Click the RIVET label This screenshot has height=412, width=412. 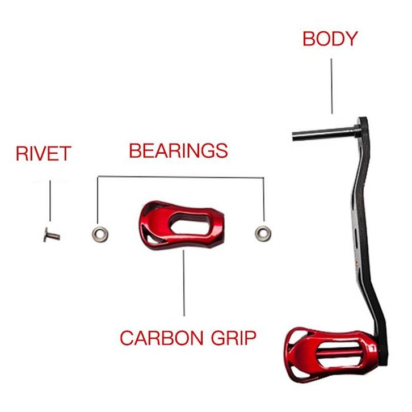pos(44,153)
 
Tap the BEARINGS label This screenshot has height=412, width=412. pos(178,150)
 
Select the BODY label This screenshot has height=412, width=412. pos(330,39)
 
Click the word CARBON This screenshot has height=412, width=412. pos(162,338)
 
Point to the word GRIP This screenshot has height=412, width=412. pos(234,338)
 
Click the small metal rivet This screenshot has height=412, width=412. pos(52,235)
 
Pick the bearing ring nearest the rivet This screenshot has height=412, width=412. pos(100,234)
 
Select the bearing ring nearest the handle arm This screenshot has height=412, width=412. pos(263,234)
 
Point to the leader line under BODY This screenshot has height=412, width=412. pos(331,86)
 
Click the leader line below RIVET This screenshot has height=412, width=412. pos(50,201)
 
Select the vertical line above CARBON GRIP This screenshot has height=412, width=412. pos(184,283)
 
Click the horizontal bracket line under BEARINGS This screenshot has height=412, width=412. pos(181,177)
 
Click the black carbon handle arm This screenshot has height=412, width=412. pos(365,237)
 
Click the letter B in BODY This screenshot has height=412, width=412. pos(309,39)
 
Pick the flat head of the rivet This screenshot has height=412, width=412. pos(46,234)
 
